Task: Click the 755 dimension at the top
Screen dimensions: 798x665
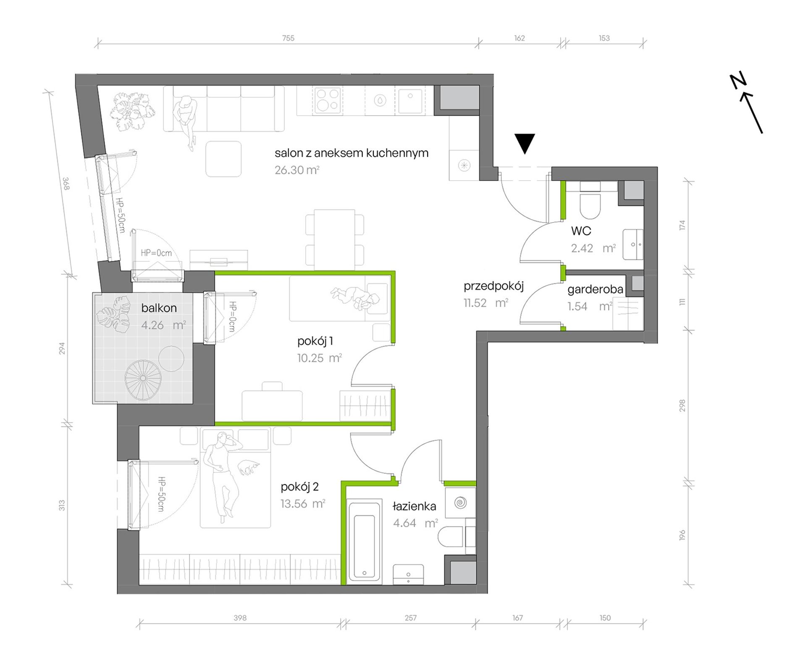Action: tap(288, 38)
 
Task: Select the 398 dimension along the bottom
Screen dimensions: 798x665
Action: tap(240, 618)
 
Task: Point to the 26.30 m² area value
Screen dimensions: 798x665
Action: tap(297, 170)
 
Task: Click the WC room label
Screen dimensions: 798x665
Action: tap(581, 231)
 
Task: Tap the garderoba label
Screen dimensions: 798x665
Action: tap(595, 289)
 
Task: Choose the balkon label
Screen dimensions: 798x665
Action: tap(159, 308)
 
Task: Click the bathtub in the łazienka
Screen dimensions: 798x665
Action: tap(364, 541)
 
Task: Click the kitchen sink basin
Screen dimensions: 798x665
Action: tap(410, 101)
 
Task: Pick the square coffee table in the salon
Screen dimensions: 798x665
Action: tap(223, 159)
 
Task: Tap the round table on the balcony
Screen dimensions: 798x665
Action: tap(171, 358)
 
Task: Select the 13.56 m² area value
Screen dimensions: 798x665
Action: tap(303, 504)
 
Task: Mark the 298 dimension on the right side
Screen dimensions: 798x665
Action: tap(682, 405)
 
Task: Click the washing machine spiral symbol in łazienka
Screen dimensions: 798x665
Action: tap(460, 503)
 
